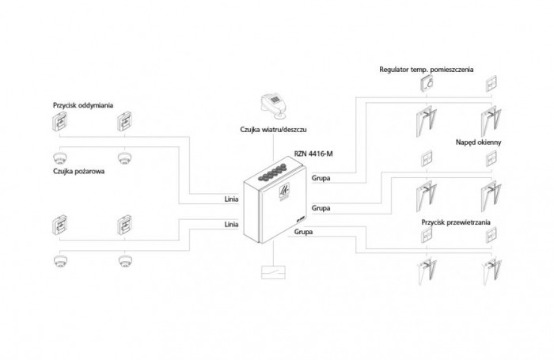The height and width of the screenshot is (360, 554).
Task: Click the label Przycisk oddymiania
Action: [x=83, y=105]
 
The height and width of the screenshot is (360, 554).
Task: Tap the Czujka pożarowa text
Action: [x=79, y=172]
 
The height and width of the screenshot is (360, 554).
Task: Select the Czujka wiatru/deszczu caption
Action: [x=273, y=130]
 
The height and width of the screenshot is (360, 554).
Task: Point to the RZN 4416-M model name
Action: [x=313, y=153]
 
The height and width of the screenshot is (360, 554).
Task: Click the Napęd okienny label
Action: [x=478, y=142]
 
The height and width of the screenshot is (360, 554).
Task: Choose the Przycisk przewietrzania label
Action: [x=456, y=222]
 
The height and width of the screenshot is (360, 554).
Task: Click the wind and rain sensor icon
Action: [x=274, y=105]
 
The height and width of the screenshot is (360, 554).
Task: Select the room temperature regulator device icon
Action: [x=427, y=84]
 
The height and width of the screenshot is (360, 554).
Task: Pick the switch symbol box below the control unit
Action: [x=273, y=271]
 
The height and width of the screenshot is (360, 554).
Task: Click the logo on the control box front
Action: [x=284, y=192]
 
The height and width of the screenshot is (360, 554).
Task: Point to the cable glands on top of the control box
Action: [x=273, y=172]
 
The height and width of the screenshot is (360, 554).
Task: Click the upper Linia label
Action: [x=231, y=199]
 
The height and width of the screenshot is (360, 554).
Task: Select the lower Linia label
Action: [x=231, y=225]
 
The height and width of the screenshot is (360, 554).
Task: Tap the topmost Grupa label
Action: [x=321, y=178]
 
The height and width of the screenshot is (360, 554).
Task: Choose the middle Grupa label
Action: [x=321, y=208]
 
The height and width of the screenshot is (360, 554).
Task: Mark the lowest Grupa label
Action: [x=303, y=232]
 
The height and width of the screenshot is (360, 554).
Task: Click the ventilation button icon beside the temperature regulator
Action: [x=491, y=84]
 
